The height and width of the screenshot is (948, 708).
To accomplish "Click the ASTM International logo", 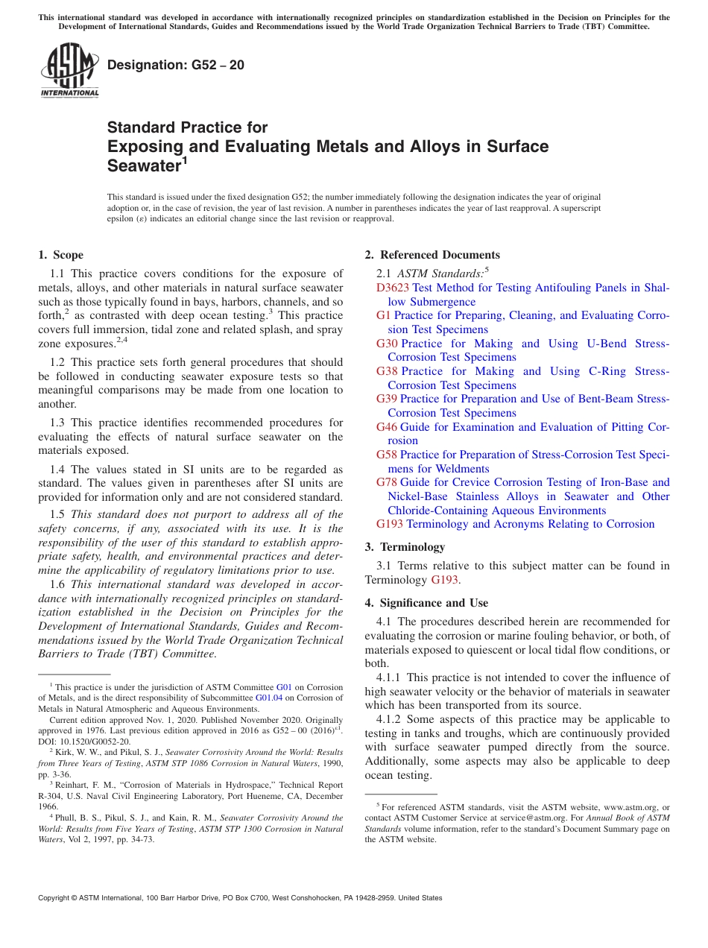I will [x=69, y=70].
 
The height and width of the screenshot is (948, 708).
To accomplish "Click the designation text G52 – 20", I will [x=175, y=65].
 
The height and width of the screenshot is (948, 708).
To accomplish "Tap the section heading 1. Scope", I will [x=61, y=255].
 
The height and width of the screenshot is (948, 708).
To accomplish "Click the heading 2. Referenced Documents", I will [x=432, y=255].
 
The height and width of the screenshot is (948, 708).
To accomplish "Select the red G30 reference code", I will [x=387, y=344].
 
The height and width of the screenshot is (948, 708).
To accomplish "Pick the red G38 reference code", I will [x=387, y=371].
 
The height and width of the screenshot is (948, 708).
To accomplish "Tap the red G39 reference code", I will [x=387, y=399].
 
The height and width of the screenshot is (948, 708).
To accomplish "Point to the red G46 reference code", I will [x=387, y=427].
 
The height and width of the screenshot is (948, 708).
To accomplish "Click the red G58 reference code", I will [x=387, y=455].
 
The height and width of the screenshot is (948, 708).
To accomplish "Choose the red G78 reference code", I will [x=387, y=482].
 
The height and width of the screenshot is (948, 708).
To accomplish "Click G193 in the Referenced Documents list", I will [x=390, y=524].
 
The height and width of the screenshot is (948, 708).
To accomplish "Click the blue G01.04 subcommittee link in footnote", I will [x=268, y=698].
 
